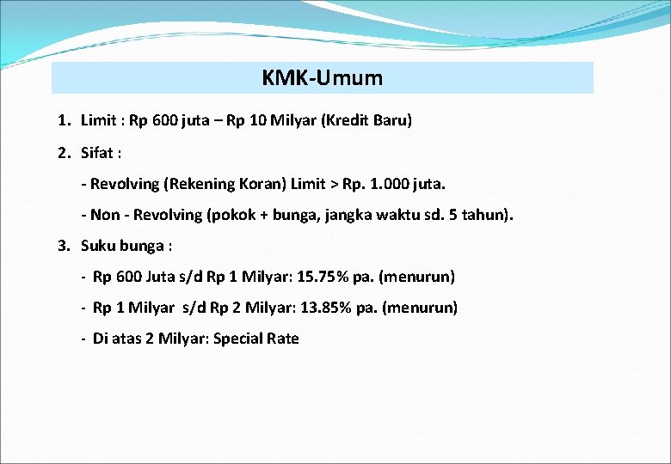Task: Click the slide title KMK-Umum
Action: point(323,78)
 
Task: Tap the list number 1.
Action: point(63,120)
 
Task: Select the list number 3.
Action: point(63,246)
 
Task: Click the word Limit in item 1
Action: point(98,120)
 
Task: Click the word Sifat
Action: point(98,153)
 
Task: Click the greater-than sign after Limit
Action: point(329,184)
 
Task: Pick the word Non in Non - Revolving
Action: point(106,215)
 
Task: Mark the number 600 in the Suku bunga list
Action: point(126,277)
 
